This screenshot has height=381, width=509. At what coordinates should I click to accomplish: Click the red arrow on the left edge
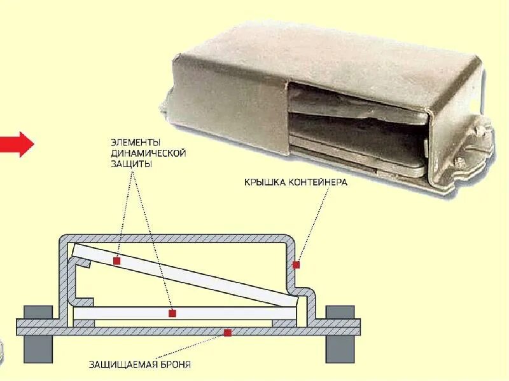coord(17,145)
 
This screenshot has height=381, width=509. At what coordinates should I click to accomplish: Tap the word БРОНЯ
coord(176,365)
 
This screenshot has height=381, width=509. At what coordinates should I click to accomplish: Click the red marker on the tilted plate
coord(117,261)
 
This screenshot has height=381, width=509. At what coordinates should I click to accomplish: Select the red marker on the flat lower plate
coord(172,313)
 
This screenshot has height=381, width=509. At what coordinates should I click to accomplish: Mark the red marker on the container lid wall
coord(295,264)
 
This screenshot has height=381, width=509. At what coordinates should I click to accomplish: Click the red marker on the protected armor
coord(227,332)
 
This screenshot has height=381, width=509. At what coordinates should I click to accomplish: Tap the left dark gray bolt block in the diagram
coord(38,333)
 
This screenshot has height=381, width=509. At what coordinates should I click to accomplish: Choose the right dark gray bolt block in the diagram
coord(340,333)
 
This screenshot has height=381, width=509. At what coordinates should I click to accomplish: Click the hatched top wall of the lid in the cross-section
coord(178,239)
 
